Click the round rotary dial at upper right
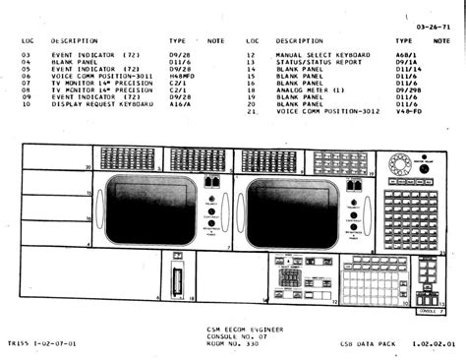pos(400,162)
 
